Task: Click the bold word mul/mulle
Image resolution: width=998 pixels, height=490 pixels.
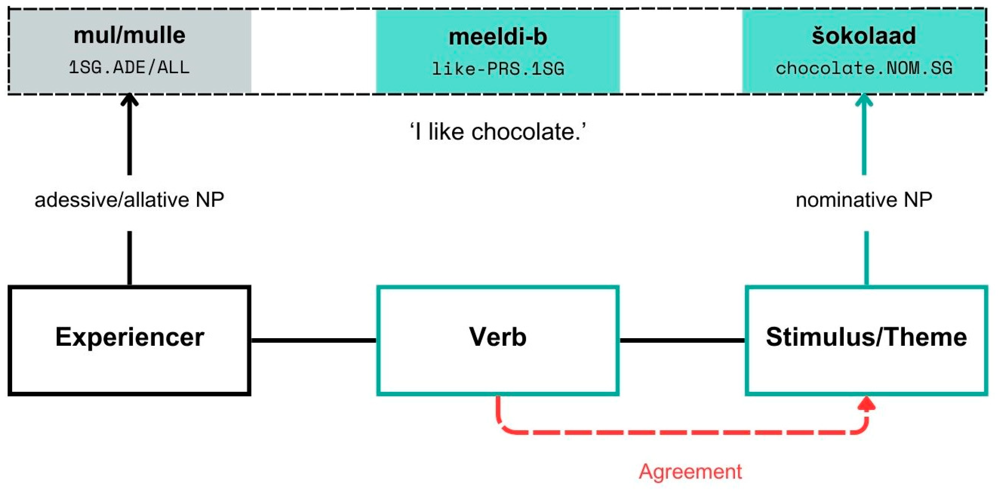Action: [129, 36]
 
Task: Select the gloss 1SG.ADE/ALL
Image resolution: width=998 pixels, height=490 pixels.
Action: [129, 68]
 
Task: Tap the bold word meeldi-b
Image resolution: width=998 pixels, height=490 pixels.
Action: [498, 37]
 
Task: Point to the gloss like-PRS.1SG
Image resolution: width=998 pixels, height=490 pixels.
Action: [498, 69]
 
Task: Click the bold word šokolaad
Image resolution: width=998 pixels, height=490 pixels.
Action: [864, 36]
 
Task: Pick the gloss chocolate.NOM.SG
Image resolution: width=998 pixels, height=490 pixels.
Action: [864, 68]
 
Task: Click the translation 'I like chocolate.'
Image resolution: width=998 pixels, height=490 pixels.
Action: [498, 132]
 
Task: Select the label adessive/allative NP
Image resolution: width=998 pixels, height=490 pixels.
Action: [129, 200]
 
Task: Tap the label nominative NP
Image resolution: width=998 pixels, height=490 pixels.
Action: [864, 200]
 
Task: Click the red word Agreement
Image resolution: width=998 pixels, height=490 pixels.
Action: [691, 471]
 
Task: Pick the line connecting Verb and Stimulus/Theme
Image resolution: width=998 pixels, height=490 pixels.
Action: [682, 340]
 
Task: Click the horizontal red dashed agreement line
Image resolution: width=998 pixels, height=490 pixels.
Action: [682, 432]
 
